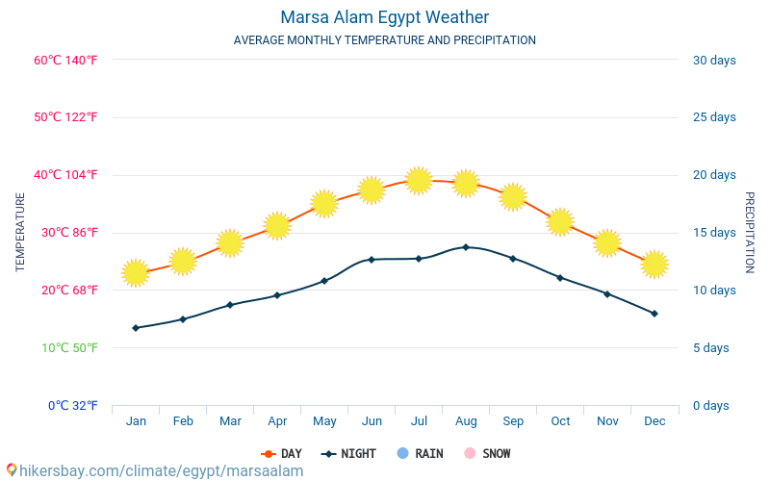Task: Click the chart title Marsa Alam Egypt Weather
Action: [x=384, y=17]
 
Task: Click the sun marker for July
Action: [x=419, y=180]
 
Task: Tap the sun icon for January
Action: [x=136, y=272]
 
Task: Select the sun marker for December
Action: [x=654, y=264]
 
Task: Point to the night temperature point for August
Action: [x=466, y=247]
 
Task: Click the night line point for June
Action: [x=372, y=260]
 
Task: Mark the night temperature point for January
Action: [x=136, y=328]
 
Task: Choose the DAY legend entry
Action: [x=281, y=453]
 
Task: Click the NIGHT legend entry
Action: [x=349, y=453]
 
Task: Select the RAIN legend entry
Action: [x=420, y=453]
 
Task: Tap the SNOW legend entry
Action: [x=487, y=453]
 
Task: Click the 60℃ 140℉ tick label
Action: [x=65, y=60]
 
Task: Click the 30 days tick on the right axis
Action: [x=714, y=60]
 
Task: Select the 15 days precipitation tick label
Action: [x=714, y=233]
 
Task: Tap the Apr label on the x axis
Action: [x=277, y=420]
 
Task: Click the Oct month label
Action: [x=560, y=420]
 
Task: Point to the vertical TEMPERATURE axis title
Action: [x=20, y=232]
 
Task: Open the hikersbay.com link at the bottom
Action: [x=154, y=470]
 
